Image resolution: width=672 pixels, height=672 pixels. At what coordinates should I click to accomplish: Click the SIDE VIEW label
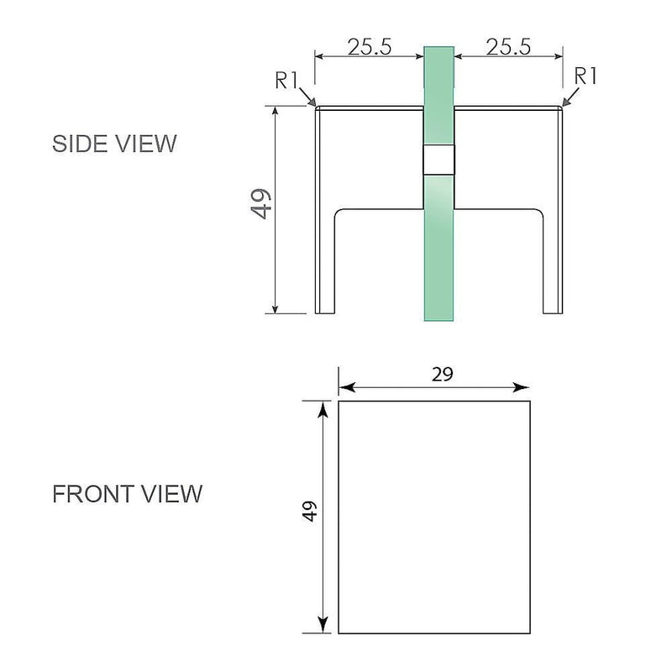115,144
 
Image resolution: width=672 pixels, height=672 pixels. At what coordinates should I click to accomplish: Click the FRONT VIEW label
128,493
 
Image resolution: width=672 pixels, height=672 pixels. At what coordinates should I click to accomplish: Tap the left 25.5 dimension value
370,47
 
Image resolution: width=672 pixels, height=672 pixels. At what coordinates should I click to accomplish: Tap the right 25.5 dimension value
507,47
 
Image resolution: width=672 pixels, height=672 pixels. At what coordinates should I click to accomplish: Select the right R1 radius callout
585,76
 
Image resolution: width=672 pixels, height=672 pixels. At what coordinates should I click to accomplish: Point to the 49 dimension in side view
262,204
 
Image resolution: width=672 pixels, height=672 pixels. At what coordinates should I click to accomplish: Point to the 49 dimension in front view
309,512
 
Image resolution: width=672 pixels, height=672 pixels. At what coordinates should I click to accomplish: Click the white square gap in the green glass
438,160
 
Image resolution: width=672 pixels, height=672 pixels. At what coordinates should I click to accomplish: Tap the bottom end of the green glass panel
438,315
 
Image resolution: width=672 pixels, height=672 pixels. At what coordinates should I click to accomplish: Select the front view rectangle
435,517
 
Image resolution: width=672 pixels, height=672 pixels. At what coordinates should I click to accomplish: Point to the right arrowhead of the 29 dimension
524,388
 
